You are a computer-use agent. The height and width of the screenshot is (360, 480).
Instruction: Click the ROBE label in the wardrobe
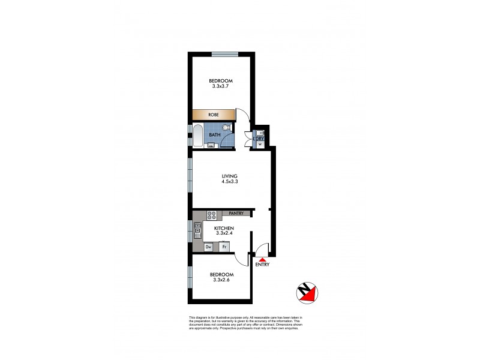(212, 115)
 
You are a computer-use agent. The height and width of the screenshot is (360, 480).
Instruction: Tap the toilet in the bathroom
(226, 128)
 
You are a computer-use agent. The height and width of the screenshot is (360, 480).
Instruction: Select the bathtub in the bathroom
(198, 135)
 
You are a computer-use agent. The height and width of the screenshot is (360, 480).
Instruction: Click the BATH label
(214, 135)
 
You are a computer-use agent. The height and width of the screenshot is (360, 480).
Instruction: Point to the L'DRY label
(259, 138)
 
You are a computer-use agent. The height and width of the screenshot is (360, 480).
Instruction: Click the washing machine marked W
(260, 145)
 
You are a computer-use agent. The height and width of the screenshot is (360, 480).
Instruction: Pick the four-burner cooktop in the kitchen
(211, 214)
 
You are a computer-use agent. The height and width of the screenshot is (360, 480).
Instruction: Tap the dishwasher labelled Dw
(209, 247)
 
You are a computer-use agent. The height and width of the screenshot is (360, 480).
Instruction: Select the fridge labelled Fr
(224, 247)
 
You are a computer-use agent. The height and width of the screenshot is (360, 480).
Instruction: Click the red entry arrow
(262, 259)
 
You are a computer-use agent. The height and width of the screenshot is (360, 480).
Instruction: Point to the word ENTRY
(262, 265)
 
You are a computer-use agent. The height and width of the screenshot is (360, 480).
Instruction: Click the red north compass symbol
(307, 292)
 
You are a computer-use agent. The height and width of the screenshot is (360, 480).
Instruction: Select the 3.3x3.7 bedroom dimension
(221, 86)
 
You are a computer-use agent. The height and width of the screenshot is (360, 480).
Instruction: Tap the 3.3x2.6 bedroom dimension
(221, 281)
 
